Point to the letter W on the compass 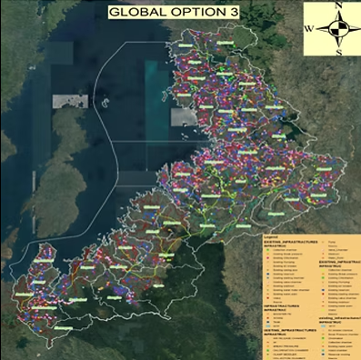[x=308, y=28]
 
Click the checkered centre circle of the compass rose [x=336, y=28]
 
